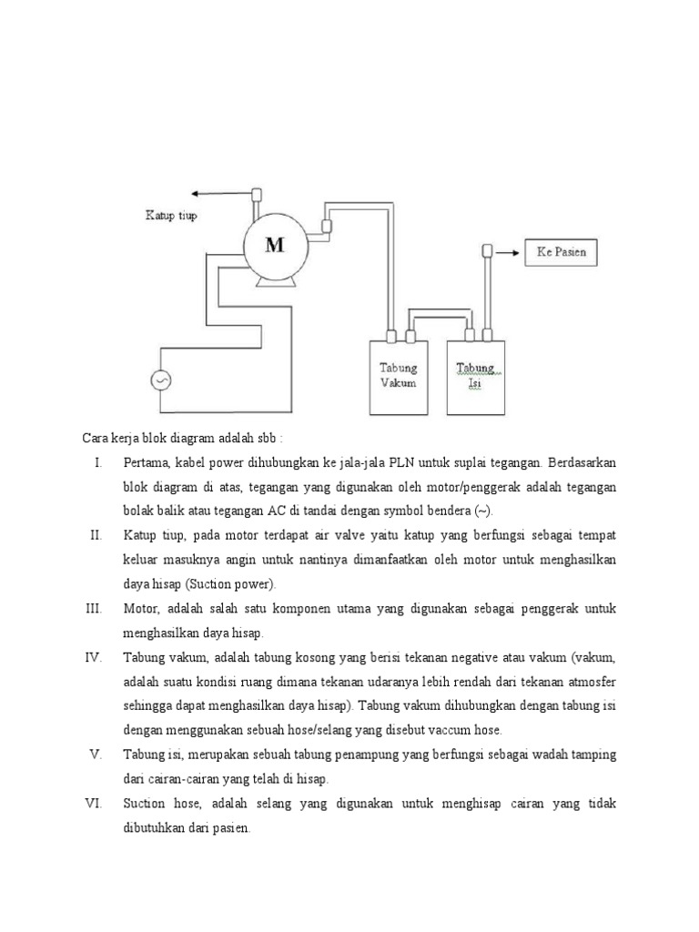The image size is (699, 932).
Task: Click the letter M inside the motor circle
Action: (x=275, y=244)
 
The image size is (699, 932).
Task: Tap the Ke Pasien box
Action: (x=562, y=251)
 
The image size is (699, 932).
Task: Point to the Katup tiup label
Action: (x=171, y=216)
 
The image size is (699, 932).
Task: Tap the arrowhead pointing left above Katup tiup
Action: (x=196, y=193)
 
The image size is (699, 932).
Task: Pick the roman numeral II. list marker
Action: (x=96, y=534)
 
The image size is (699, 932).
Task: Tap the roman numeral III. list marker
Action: (x=95, y=607)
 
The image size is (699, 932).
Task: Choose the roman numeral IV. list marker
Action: (x=95, y=656)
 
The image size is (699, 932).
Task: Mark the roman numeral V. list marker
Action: (x=96, y=754)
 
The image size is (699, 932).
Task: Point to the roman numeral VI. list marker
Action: (x=95, y=804)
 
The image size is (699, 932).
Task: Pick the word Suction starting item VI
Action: (x=144, y=804)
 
